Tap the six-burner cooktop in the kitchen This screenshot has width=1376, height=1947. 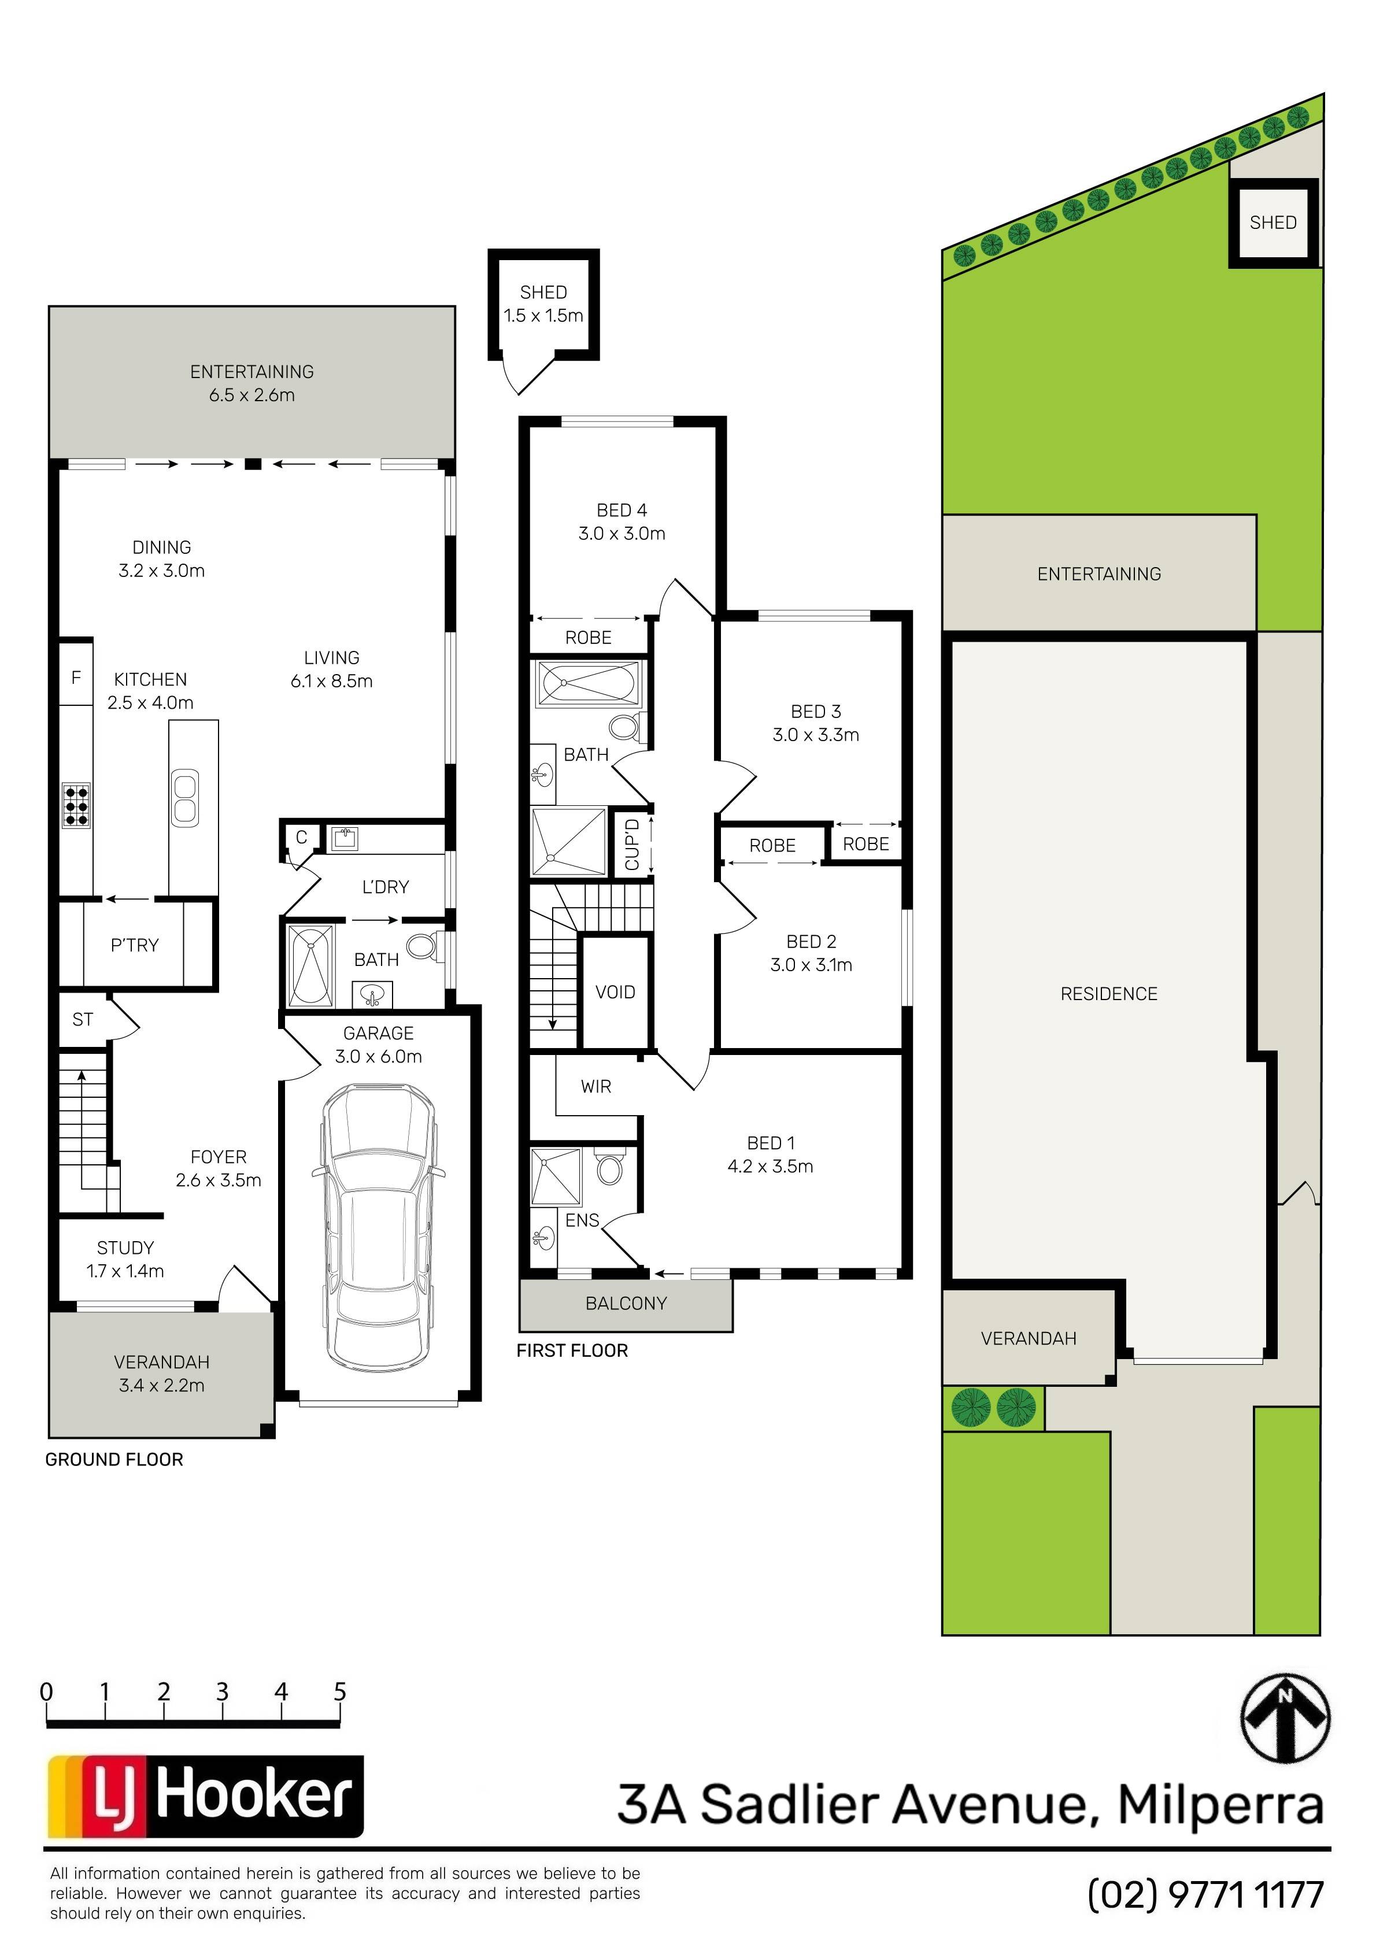[76, 805]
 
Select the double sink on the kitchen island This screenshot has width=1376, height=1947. [185, 797]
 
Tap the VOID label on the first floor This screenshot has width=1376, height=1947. [615, 991]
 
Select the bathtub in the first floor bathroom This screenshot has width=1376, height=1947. [588, 683]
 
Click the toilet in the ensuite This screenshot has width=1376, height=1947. [609, 1166]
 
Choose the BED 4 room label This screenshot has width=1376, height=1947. [622, 510]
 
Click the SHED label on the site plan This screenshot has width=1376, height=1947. [1273, 222]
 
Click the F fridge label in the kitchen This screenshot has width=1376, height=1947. [76, 677]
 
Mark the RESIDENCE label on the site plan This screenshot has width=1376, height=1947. [1109, 994]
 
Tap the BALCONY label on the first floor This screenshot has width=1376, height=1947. [626, 1304]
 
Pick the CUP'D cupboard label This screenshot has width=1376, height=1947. [632, 844]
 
